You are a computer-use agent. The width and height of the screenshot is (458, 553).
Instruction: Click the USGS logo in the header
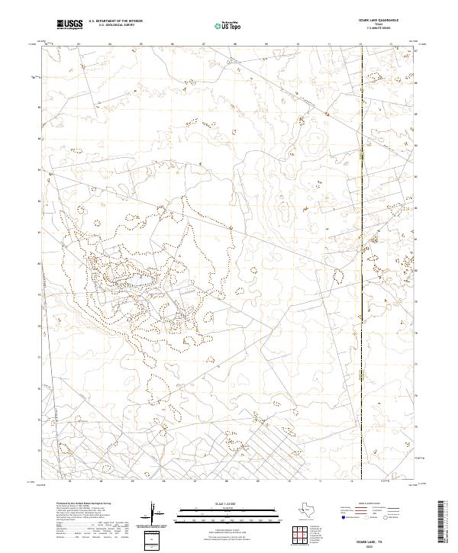(69, 24)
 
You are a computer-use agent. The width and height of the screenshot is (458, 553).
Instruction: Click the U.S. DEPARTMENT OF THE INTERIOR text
(115, 21)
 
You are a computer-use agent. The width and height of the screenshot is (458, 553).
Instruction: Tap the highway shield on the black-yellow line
(361, 156)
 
